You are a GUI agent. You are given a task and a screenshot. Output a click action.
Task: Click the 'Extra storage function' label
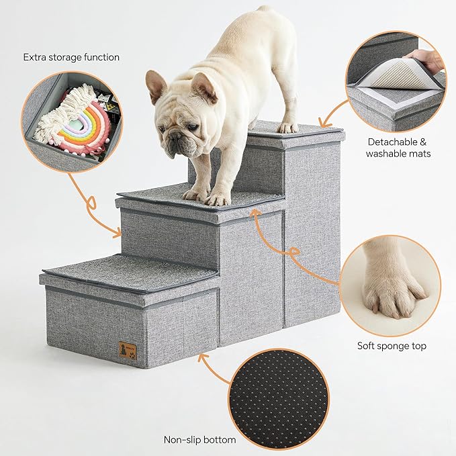pos(72,56)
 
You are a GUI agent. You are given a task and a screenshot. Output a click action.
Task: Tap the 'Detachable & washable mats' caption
pos(398,148)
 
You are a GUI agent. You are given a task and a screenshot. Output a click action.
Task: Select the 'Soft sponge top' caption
pos(392,347)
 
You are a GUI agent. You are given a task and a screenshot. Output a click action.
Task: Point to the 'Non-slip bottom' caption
pos(200,440)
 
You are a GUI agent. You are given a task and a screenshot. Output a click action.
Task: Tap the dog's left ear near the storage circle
pos(156,85)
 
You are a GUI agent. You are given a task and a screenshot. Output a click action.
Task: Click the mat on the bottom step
pos(131,269)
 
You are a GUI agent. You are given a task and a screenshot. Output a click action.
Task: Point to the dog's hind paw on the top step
pos(288,126)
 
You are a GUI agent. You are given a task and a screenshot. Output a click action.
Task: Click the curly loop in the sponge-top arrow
pos(293,252)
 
